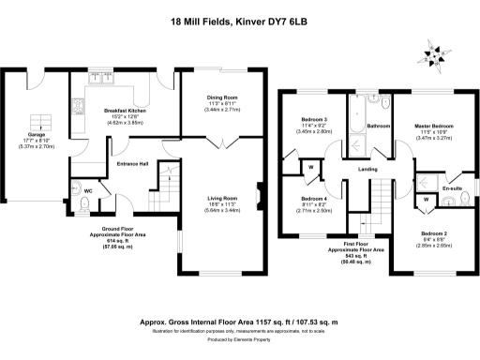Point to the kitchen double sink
click(98, 81)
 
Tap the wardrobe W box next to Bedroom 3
click(311, 169)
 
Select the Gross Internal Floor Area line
click(239, 320)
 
